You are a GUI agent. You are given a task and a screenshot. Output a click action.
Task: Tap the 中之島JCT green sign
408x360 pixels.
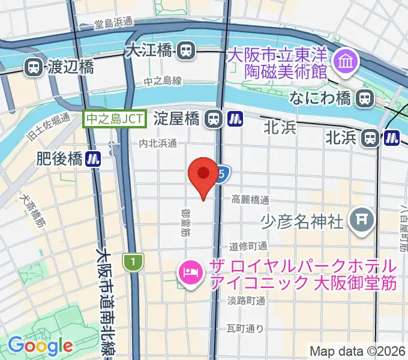pos(115,119)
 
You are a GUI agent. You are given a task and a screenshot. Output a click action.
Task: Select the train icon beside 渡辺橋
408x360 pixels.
pos(33,67)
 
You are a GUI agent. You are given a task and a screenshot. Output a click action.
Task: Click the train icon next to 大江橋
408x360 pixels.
pos(186,50)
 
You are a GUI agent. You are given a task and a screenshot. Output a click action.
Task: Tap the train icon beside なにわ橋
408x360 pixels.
pos(364,98)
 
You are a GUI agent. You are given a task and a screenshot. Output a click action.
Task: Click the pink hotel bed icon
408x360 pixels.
pos(190,273)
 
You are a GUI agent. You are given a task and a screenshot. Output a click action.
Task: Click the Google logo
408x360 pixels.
pos(40,346)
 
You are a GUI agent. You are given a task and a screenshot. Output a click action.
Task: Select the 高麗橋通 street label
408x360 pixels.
pos(250,200)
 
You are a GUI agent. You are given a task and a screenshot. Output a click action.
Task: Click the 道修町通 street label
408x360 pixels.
pos(248,246)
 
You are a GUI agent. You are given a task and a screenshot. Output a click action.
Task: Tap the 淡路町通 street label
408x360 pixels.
pos(247,301)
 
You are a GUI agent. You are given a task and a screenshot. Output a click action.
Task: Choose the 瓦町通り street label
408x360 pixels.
pos(245,328)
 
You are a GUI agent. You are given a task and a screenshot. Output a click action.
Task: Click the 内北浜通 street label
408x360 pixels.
pos(158,143)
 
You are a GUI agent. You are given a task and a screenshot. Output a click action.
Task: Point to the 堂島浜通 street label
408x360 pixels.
pos(113,23)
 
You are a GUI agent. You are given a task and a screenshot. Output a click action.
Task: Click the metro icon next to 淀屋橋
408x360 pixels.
pos(235,119)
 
